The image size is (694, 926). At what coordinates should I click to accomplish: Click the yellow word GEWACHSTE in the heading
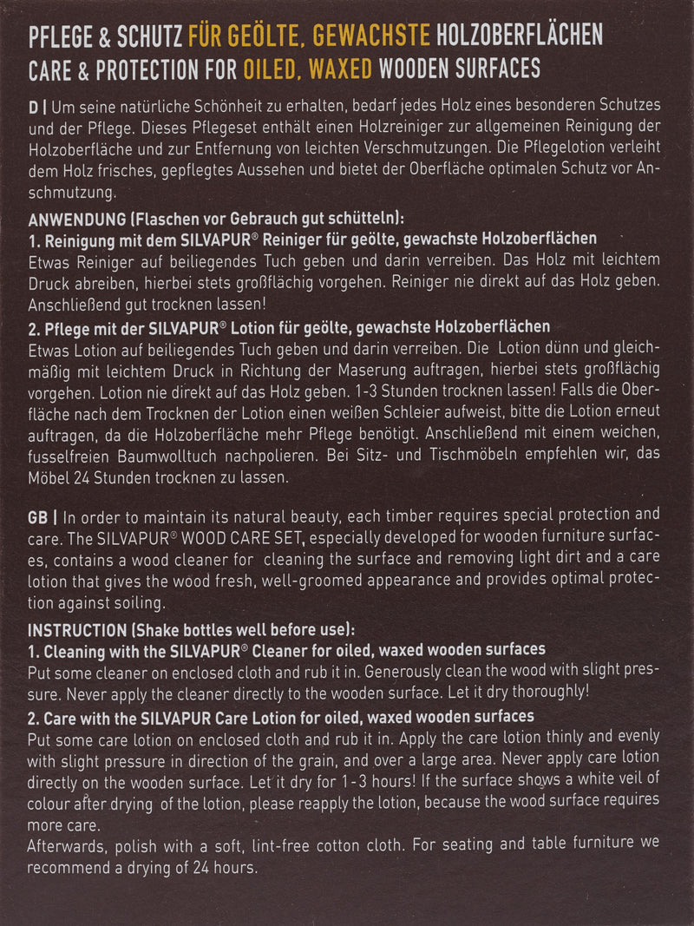pyautogui.click(x=372, y=36)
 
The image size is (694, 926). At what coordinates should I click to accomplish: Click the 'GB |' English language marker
pyautogui.click(x=43, y=515)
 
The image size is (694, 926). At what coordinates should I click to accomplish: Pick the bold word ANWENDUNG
pyautogui.click(x=76, y=220)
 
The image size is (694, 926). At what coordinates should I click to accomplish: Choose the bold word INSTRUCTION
pyautogui.click(x=77, y=629)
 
